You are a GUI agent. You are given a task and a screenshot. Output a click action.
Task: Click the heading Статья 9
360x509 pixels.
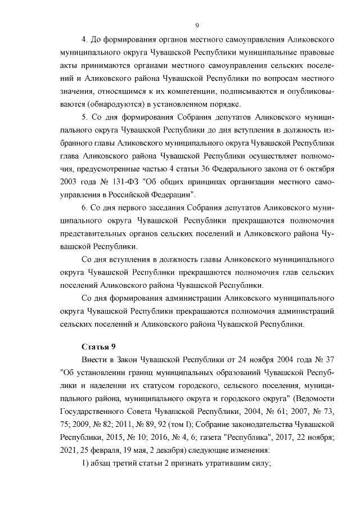(x=98, y=345)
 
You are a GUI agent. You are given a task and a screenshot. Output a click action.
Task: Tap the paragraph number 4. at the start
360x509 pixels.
(x=85, y=40)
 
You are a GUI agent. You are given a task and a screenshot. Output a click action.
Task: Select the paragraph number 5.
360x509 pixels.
(x=85, y=118)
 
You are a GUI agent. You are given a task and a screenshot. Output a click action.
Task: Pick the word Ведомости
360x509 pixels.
(x=316, y=398)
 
